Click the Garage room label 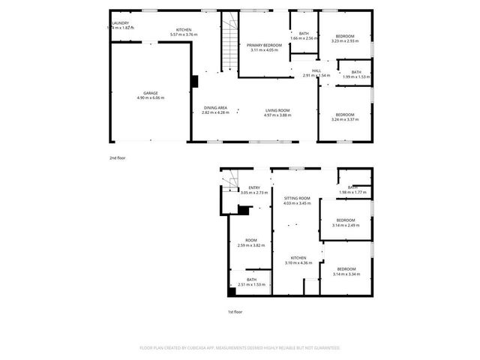pyautogui.click(x=149, y=93)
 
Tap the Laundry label pyautogui.click(x=120, y=23)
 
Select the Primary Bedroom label pyautogui.click(x=264, y=45)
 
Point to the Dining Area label pyautogui.click(x=216, y=108)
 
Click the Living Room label pyautogui.click(x=277, y=110)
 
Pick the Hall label pyautogui.click(x=316, y=70)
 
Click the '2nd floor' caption pyautogui.click(x=118, y=158)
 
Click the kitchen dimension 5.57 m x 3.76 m pyautogui.click(x=183, y=34)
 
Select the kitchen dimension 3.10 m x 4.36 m pyautogui.click(x=298, y=262)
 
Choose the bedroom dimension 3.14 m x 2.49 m pyautogui.click(x=346, y=225)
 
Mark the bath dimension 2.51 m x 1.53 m pyautogui.click(x=251, y=285)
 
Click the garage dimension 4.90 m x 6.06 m pyautogui.click(x=149, y=97)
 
